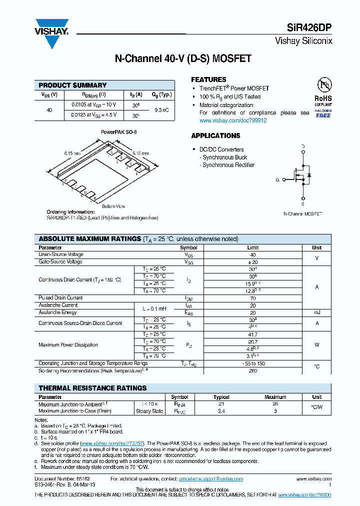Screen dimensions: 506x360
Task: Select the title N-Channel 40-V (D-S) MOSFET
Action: point(183,59)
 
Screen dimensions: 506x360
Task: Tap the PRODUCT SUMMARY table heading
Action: point(72,85)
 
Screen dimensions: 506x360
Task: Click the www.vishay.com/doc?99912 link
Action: point(233,120)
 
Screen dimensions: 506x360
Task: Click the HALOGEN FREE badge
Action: point(323,113)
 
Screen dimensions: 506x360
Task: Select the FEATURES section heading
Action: point(208,79)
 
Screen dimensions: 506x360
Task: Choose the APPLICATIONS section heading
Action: point(215,135)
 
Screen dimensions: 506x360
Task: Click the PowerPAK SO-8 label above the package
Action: point(119,132)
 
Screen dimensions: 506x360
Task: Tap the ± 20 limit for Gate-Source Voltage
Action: point(252,262)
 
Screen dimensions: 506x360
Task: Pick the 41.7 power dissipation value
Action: point(252,334)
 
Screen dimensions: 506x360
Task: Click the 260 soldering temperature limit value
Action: point(252,371)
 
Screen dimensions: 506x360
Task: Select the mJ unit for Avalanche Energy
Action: point(317,312)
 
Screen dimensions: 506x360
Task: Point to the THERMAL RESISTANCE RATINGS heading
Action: point(92,388)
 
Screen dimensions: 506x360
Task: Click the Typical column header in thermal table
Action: point(221,397)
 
